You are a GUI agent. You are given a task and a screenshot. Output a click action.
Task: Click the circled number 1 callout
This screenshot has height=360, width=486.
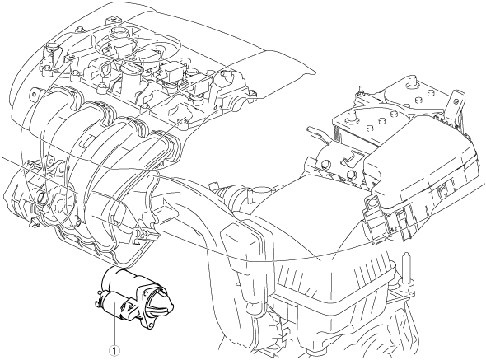click(x=114, y=351)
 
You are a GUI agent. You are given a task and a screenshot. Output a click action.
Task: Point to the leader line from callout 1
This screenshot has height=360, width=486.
click(x=114, y=324)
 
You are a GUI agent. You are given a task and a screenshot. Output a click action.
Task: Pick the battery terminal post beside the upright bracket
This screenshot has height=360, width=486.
click(x=412, y=81)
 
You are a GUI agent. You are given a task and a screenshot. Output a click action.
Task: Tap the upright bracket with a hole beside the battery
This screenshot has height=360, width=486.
click(x=455, y=106)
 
